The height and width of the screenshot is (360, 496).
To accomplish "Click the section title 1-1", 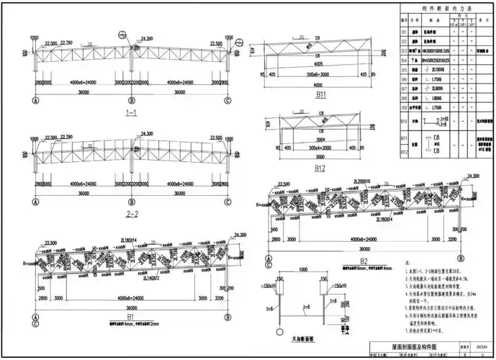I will tap(131, 114).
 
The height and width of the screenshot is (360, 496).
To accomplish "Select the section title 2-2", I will tap(131, 214).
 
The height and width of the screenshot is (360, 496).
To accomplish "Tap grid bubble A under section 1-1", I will tap(35, 102).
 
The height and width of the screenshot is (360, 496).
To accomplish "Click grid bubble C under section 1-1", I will tap(227, 102).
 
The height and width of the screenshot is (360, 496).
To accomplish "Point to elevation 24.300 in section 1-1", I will tap(148, 37).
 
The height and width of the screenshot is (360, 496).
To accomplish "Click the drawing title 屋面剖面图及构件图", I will tap(411, 346).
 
